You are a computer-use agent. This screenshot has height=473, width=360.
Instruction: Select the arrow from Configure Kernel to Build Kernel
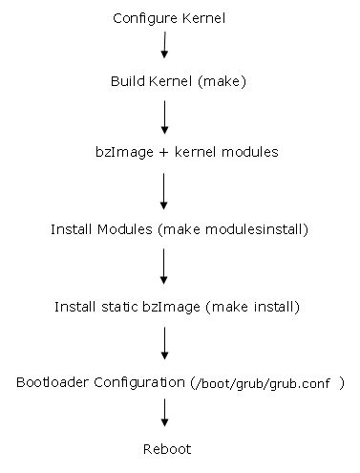(x=165, y=46)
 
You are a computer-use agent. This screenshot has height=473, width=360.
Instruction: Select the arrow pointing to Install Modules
(x=165, y=189)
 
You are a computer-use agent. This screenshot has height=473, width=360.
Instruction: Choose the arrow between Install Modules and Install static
(x=165, y=266)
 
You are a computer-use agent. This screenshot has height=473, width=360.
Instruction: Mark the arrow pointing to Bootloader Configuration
(x=165, y=342)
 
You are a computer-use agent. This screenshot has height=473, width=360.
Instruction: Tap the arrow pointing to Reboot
(x=165, y=413)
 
